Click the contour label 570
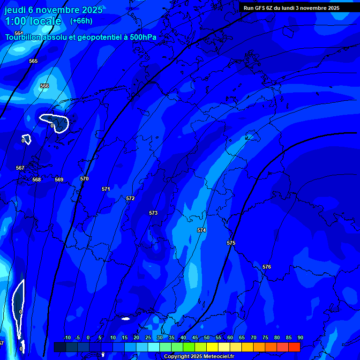coord(84,179)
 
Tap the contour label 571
coord(106,189)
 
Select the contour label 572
coord(130,198)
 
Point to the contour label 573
coord(153,213)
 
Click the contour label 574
coord(202,230)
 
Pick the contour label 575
coord(231,243)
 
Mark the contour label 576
coord(267,267)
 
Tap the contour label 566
coord(45,86)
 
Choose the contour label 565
coord(33,61)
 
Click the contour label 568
coord(37,180)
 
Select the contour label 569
coord(59,180)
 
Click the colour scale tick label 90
coord(300,337)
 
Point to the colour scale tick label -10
coord(67,337)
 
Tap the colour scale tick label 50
coord(207,337)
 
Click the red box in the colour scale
coord(294,347)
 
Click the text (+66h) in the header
coord(81,21)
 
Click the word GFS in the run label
coord(261,8)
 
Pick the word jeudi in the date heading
coord(15,9)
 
